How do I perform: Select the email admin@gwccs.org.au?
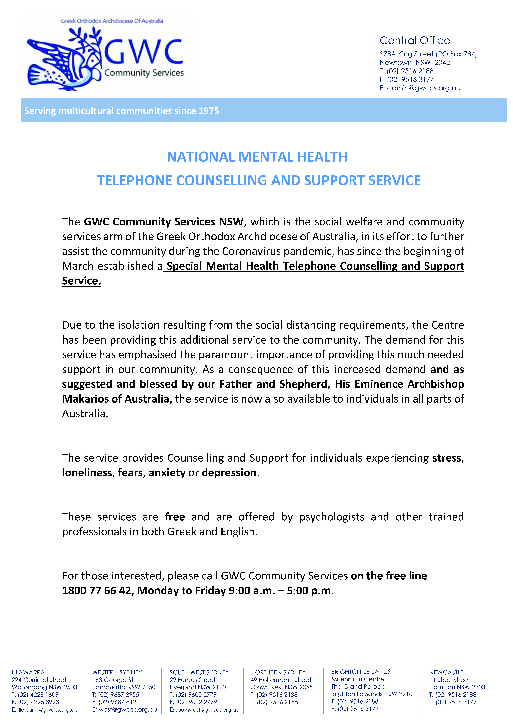[424, 88]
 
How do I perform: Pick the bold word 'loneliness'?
[87, 473]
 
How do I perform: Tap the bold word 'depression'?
[229, 473]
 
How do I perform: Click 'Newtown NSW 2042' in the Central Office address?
[414, 63]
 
